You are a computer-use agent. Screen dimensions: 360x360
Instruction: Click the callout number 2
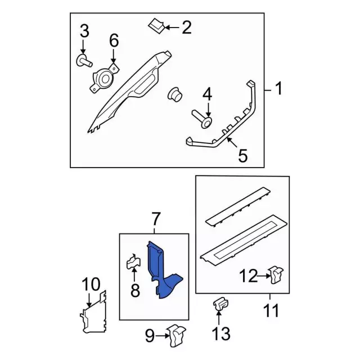186,28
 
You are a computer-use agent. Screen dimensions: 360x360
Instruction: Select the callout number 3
84,31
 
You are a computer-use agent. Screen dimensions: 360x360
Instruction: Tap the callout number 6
114,40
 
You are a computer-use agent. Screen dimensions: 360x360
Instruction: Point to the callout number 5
242,155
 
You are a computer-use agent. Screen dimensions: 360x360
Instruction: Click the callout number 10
91,284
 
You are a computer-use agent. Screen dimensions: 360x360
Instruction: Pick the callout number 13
221,334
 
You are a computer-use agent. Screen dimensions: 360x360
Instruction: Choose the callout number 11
271,310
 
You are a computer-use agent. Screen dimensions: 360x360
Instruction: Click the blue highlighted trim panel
164,270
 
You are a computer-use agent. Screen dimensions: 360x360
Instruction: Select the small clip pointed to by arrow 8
134,261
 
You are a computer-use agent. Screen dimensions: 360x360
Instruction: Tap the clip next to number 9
176,335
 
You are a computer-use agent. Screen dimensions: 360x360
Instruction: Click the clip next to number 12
277,274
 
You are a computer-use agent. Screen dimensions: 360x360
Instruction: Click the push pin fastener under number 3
84,61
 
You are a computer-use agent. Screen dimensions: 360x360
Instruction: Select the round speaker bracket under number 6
104,79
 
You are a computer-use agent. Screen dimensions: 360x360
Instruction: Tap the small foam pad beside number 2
156,26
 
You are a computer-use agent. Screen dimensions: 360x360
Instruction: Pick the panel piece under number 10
93,312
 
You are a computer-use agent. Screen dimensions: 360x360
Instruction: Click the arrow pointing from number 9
162,336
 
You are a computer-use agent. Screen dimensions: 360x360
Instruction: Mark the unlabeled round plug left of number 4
174,94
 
